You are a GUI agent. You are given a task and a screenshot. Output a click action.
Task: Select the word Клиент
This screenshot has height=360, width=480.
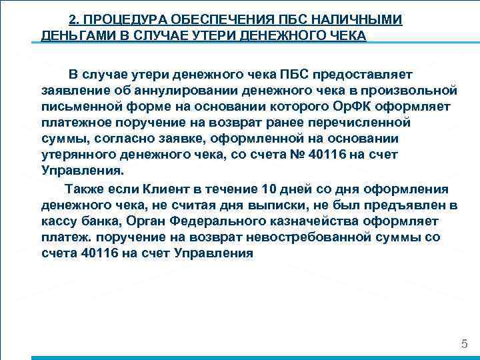tap(179, 189)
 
